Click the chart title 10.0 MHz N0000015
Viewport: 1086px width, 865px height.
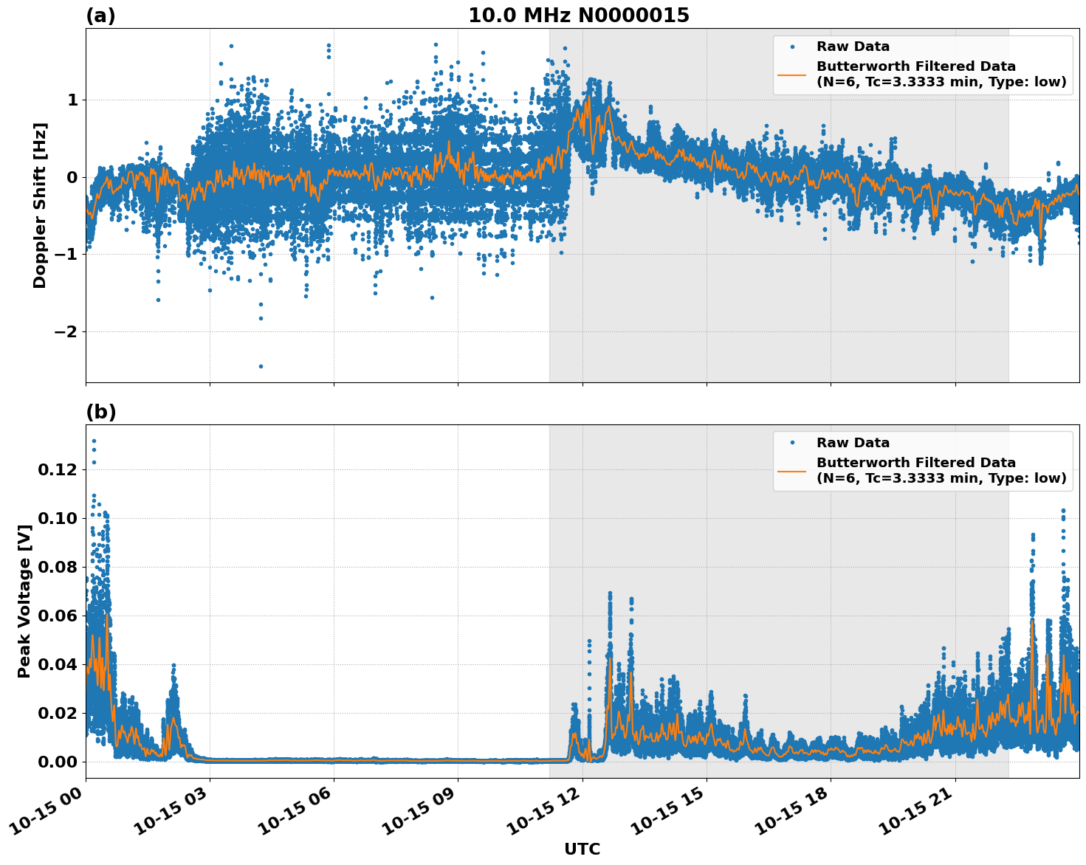[578, 15]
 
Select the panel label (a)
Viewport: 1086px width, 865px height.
[100, 15]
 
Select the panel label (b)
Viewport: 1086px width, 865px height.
[101, 412]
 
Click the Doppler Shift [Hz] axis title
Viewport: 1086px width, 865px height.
[40, 205]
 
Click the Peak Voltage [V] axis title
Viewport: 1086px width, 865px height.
[24, 601]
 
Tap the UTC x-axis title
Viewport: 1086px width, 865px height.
[582, 849]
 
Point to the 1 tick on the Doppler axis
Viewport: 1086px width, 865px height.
[72, 100]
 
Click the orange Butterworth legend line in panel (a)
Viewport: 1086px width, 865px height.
[792, 75]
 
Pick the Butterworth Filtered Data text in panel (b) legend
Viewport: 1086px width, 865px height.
[915, 463]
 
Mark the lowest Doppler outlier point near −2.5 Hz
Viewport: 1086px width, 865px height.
[261, 366]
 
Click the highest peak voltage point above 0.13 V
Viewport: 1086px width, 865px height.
[94, 441]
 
